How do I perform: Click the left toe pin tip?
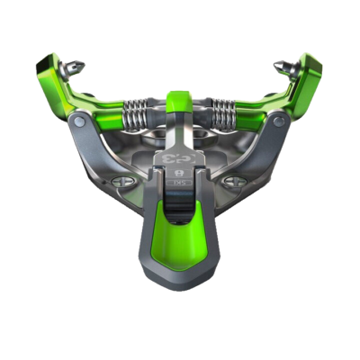click(81, 66)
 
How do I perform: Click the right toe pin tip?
click(281, 66)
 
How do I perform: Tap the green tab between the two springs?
click(179, 98)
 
